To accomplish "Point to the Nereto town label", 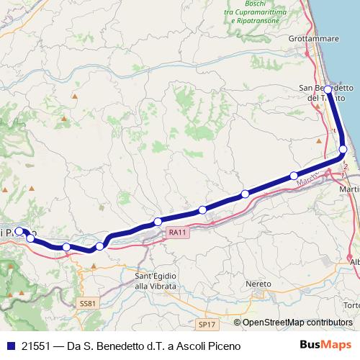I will coord(258,284).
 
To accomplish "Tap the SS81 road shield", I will coord(87,304).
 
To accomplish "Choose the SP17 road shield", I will coord(207,325).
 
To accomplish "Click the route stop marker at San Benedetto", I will coord(328,89).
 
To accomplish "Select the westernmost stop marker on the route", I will coord(19,232).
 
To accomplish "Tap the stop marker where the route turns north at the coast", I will coord(343,149).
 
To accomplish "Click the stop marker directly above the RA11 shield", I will coord(158,221).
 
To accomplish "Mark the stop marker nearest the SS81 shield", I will coord(99,246).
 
